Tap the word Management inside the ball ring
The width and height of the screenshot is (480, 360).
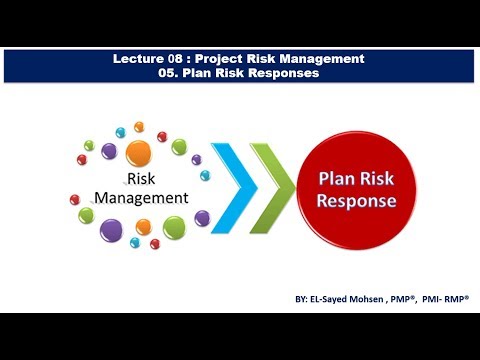pyautogui.click(x=141, y=198)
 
